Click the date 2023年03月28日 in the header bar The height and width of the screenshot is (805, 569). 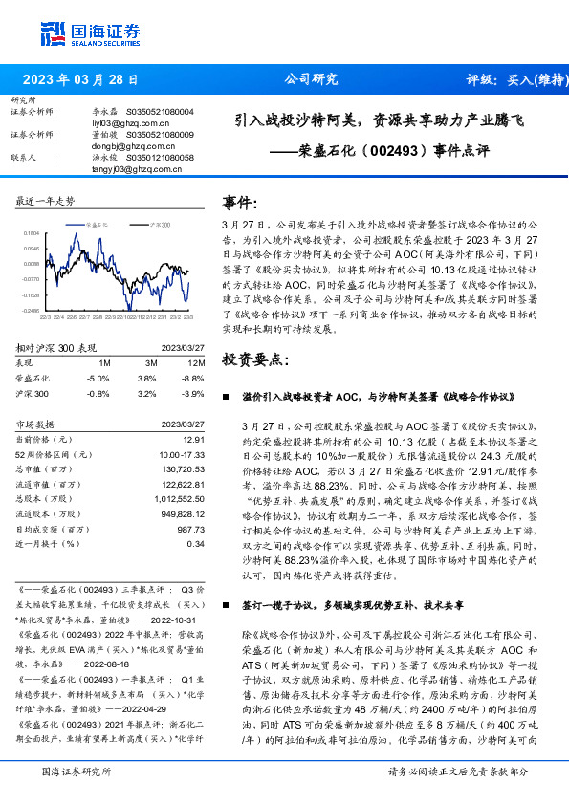point(80,80)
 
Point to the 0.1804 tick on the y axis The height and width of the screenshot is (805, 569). point(31,232)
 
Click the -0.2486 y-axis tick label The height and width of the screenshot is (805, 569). point(31,311)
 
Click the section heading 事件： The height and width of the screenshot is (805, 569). point(240,204)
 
